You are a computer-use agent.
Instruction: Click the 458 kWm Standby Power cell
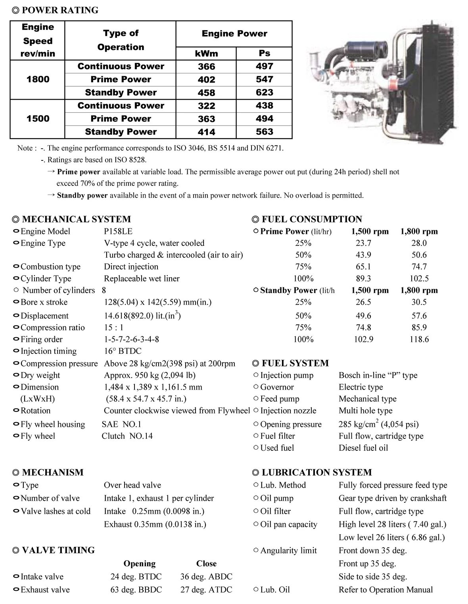[206, 93]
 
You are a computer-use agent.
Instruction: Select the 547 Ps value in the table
[264, 79]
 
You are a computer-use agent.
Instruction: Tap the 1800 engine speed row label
[38, 79]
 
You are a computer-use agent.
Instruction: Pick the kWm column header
[206, 53]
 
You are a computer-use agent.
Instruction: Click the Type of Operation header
[121, 40]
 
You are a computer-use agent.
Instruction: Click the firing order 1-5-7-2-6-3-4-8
[131, 340]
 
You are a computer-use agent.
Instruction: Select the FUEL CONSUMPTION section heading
[311, 219]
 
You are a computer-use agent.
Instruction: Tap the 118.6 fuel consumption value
[419, 340]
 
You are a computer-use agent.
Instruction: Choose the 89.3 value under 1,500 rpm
[363, 279]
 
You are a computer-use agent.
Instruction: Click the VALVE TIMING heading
[58, 550]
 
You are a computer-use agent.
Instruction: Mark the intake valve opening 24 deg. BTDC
[136, 577]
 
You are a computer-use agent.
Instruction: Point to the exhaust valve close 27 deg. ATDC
[206, 590]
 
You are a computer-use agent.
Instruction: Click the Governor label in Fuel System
[277, 387]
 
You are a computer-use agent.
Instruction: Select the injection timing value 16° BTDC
[123, 351]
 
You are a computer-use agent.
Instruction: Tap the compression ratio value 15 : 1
[113, 328]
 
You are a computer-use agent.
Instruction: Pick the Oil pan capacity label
[289, 525]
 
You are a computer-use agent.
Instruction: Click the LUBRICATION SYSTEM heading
[316, 473]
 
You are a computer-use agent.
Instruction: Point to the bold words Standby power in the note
[82, 195]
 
